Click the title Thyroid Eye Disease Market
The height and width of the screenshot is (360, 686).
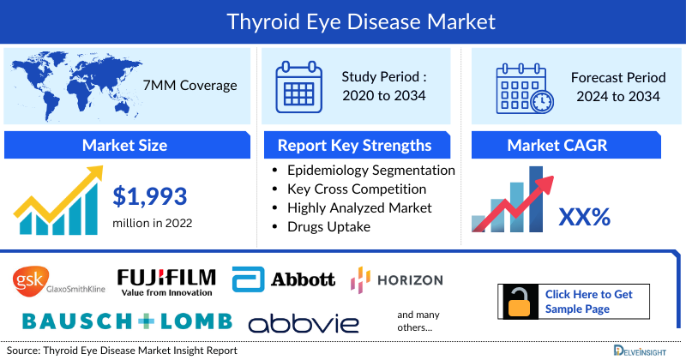click(343, 19)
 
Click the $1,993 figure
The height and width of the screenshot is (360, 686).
click(150, 197)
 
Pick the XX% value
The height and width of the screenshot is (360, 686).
click(584, 217)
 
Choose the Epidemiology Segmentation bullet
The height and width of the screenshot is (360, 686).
click(370, 171)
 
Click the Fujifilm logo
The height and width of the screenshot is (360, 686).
click(166, 280)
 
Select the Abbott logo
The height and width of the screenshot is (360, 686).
click(284, 279)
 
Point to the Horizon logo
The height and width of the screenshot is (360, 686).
click(397, 279)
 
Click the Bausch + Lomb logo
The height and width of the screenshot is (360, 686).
click(127, 321)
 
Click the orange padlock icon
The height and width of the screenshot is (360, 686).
click(519, 301)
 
